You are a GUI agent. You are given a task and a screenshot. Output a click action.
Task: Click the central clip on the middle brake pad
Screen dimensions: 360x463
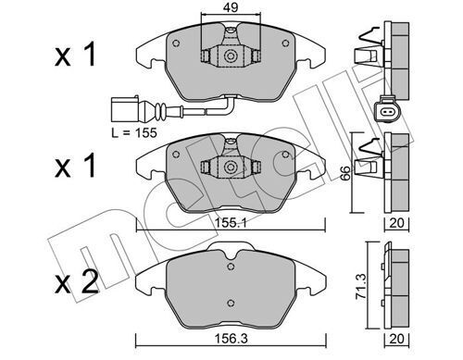tap(224, 168)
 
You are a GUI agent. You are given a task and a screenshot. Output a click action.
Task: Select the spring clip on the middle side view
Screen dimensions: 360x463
tap(368, 153)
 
